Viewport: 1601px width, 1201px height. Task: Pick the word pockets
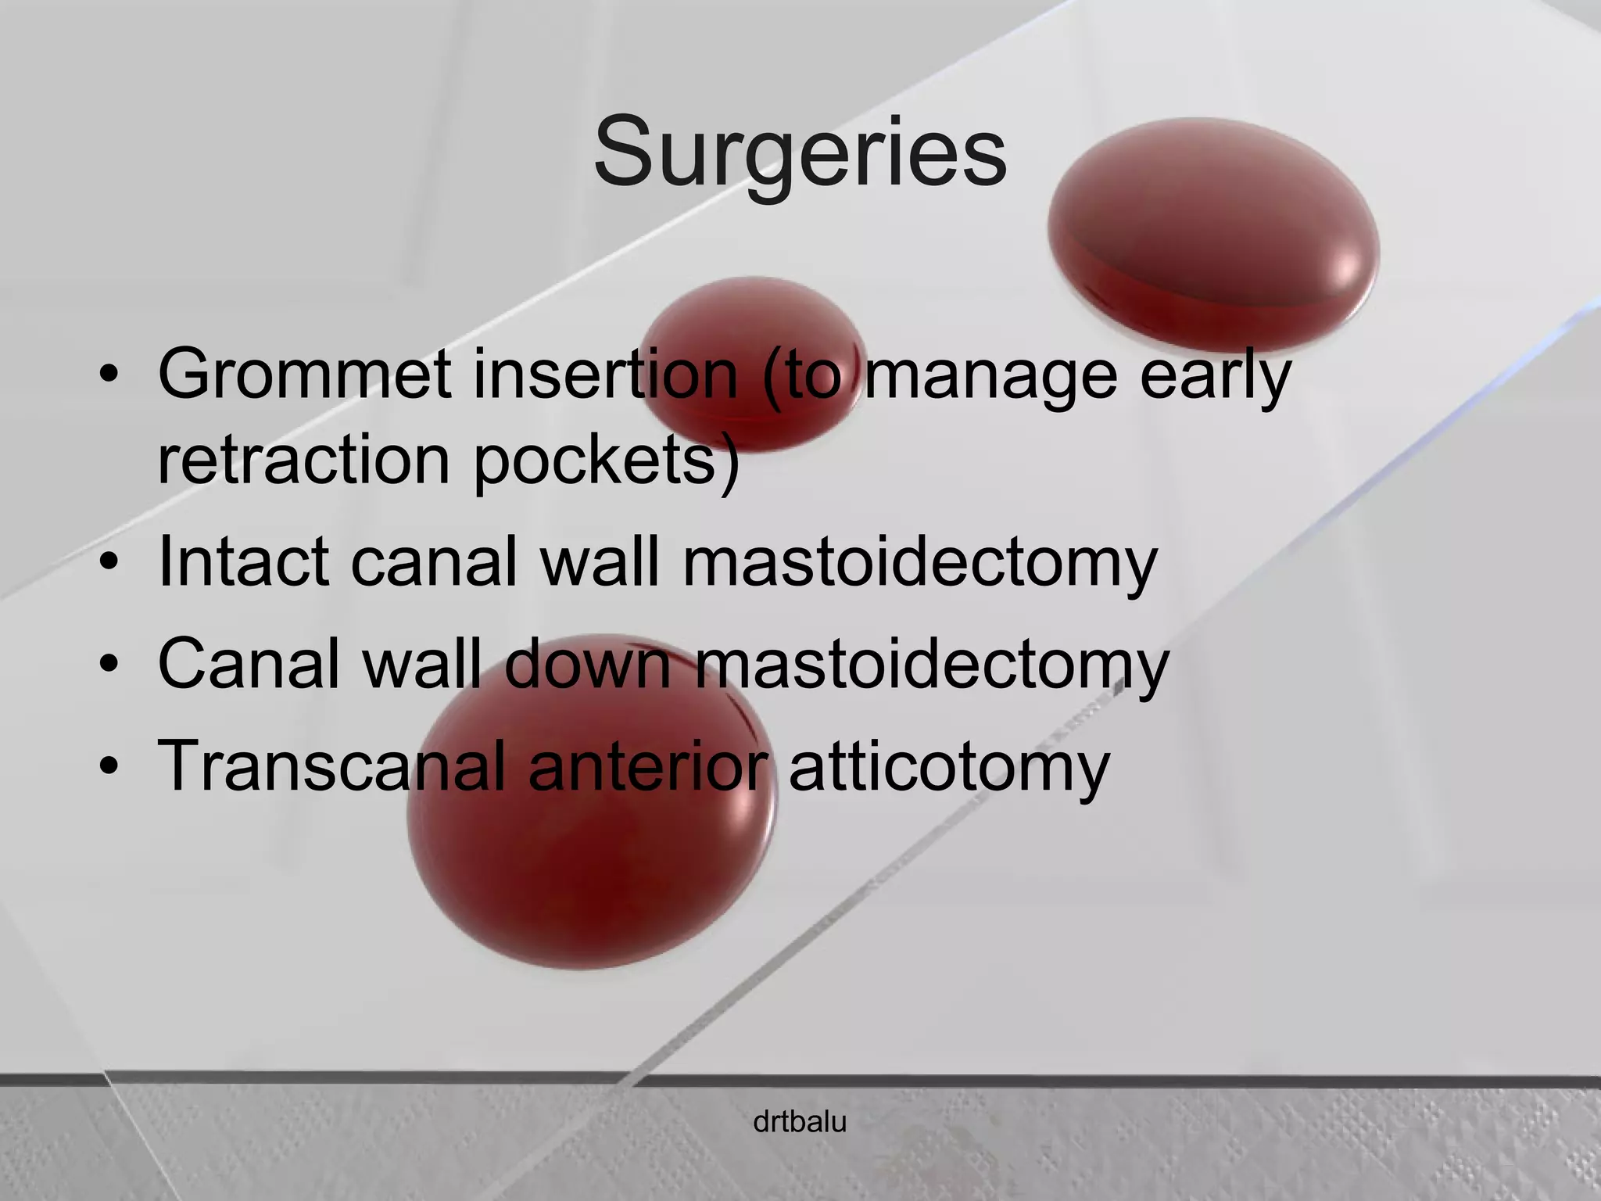point(606,461)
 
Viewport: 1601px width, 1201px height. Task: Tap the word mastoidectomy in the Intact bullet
point(919,563)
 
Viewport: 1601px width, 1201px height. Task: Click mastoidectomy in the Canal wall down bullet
point(931,665)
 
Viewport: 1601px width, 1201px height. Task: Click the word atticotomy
point(949,767)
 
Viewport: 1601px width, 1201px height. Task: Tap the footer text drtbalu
point(800,1123)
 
